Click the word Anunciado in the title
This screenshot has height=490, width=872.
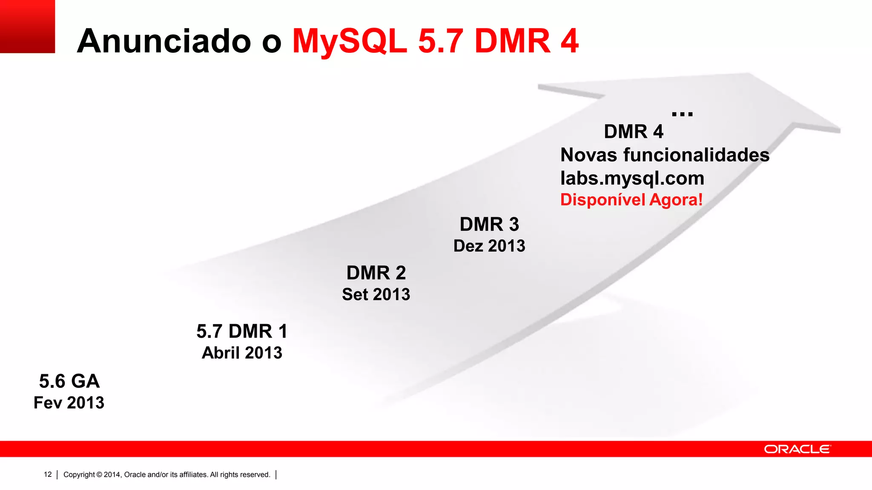[x=164, y=41]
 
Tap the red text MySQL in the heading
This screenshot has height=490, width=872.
[x=349, y=41]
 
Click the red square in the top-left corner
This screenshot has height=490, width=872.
[x=27, y=26]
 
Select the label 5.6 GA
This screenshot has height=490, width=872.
[x=69, y=381]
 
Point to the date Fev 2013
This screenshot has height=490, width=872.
[x=69, y=403]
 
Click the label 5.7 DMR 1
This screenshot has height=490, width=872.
[x=242, y=331]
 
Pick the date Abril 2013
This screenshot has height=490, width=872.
[x=242, y=353]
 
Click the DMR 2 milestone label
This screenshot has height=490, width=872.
[x=376, y=273]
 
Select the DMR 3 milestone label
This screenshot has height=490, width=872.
[x=489, y=225]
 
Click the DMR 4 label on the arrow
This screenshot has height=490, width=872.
[x=634, y=132]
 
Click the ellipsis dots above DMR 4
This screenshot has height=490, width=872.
[x=682, y=114]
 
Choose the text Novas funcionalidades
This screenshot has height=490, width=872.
[x=665, y=155]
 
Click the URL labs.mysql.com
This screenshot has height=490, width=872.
[x=632, y=178]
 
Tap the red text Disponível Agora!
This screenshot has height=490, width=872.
[x=631, y=200]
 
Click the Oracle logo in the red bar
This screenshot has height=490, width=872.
[x=797, y=449]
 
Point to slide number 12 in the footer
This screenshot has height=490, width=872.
[x=48, y=475]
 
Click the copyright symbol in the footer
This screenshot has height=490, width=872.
[x=99, y=475]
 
